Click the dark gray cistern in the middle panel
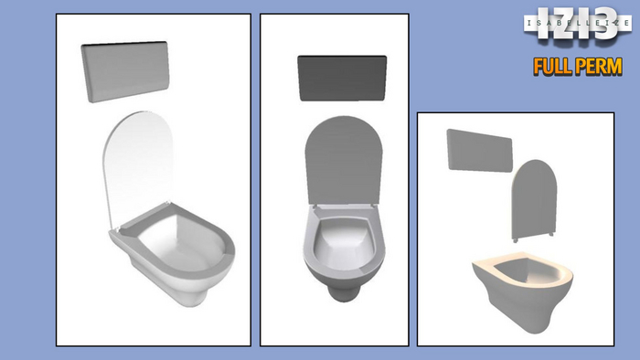(x=345, y=78)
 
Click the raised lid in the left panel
(x=142, y=164)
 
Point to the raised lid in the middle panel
(x=343, y=164)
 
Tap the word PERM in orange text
(x=598, y=66)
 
